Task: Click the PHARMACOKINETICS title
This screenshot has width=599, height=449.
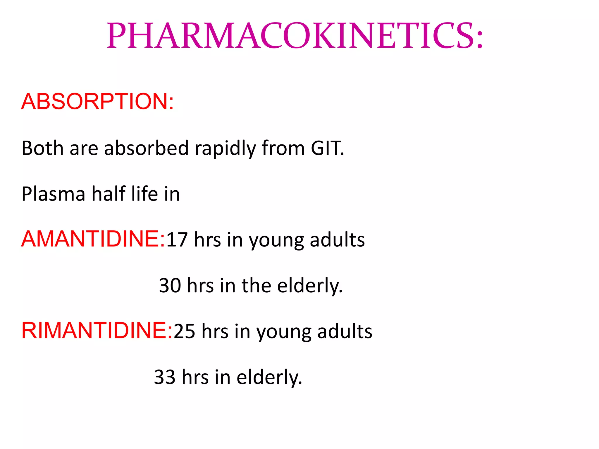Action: coord(295,36)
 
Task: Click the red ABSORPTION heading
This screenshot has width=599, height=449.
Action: coord(97,101)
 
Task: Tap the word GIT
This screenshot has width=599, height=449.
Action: coord(327,148)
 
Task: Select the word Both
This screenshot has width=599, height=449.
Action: coord(42,148)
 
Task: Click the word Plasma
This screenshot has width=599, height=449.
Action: coord(53,194)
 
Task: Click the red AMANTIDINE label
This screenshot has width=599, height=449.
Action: coord(93,239)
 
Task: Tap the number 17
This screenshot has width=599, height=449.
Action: coord(177,240)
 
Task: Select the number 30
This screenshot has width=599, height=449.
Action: coord(170,285)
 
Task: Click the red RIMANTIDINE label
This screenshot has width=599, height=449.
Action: coord(97,330)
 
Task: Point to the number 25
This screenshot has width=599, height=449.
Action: coord(184,331)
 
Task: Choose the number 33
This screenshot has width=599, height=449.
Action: coord(165,377)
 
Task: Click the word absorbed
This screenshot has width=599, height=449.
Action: coord(146,148)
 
